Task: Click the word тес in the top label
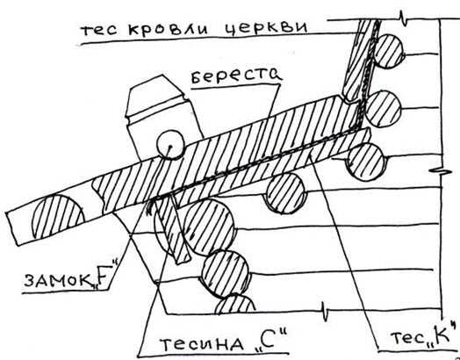point(98,29)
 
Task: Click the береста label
point(236,76)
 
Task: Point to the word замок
point(58,279)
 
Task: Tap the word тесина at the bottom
point(202,344)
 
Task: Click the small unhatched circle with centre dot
point(170,145)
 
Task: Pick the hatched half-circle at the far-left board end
point(58,217)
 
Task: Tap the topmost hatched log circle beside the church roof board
point(388,51)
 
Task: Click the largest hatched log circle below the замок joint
point(209,227)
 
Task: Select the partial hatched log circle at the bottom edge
point(235,305)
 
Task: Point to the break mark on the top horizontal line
point(404,19)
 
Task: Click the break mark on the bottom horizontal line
point(325,312)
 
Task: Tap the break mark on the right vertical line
point(441,170)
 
